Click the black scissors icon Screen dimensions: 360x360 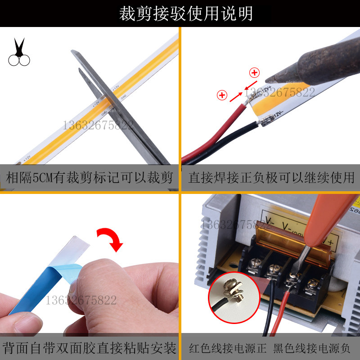19,53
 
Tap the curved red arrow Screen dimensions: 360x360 112,238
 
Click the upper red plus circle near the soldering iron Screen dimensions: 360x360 255,73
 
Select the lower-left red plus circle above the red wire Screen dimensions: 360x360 222,95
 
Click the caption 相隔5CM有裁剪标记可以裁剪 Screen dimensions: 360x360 90,178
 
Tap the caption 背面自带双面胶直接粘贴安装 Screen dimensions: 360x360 90,347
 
